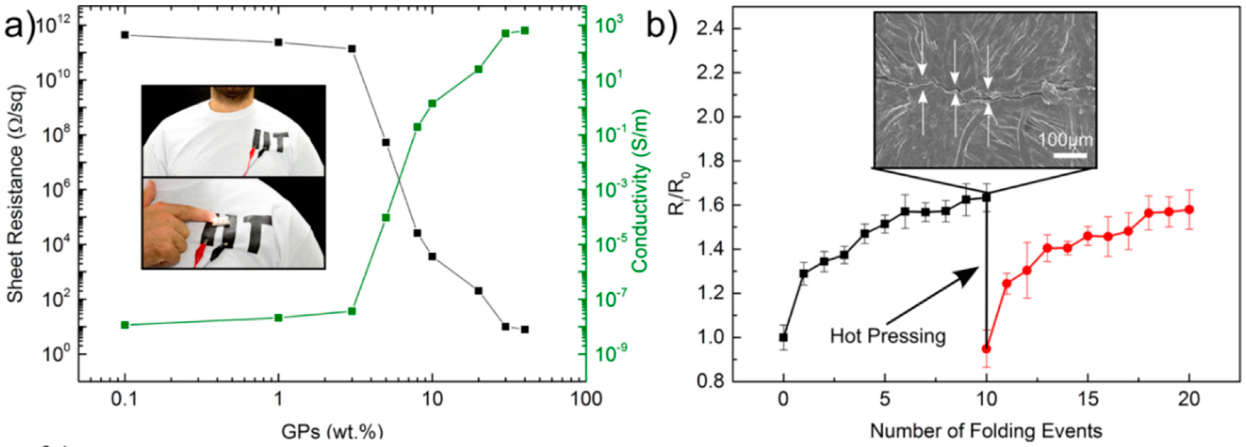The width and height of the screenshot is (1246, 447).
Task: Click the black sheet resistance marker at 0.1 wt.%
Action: (125, 35)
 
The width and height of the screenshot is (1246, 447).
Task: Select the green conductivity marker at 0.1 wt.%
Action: (125, 325)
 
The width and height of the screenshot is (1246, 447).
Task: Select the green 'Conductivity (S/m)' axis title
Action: (640, 191)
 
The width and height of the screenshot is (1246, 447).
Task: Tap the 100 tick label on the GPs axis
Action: (586, 399)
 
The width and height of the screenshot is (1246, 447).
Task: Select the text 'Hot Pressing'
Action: (888, 335)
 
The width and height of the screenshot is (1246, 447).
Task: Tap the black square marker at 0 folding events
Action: (783, 337)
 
